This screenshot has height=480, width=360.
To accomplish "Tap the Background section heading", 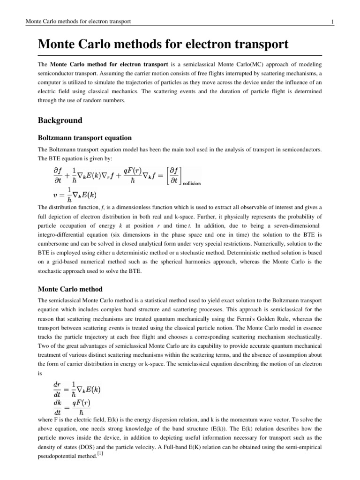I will (60, 120).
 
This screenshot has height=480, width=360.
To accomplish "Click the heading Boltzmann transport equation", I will (84, 138).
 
